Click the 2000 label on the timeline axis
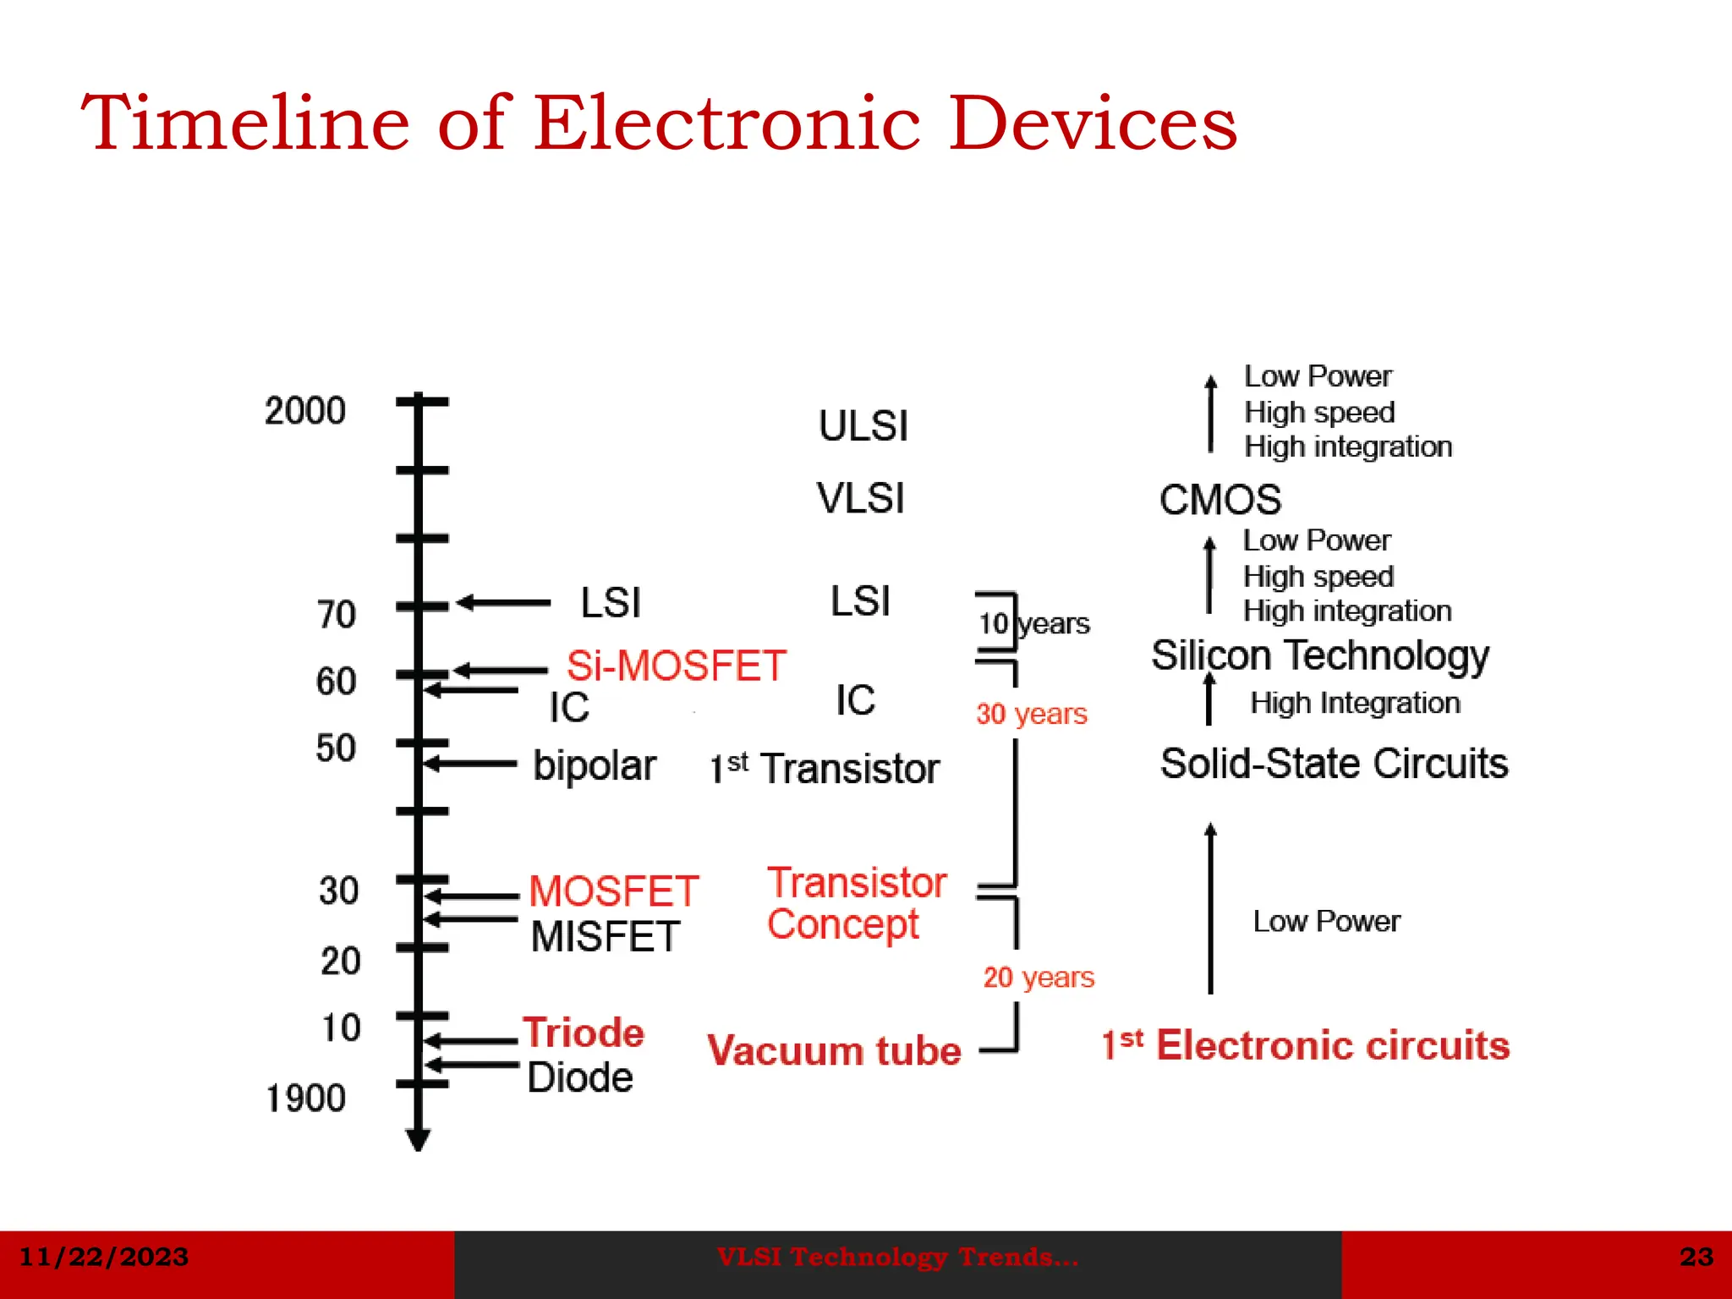[305, 411]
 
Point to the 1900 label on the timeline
[306, 1099]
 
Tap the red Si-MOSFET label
[677, 666]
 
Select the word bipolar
[595, 766]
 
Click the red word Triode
[584, 1033]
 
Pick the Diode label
[580, 1077]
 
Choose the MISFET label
[606, 937]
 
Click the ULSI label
[863, 425]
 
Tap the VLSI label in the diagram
[861, 498]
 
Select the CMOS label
[1220, 500]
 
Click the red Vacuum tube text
[835, 1051]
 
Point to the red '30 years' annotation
[1032, 714]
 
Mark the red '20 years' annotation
[1039, 978]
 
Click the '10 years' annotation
[1034, 624]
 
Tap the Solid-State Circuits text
[1334, 764]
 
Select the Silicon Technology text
[1320, 655]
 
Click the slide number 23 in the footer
[1696, 1257]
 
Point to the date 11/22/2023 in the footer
[103, 1257]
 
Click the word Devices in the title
[1093, 123]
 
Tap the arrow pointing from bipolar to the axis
[470, 764]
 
